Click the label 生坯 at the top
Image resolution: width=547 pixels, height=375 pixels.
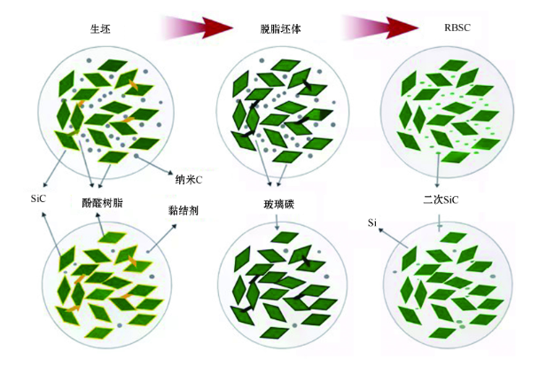[x=100, y=29]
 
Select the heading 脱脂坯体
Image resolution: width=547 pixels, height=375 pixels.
[x=280, y=29]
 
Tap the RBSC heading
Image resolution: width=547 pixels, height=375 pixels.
[x=457, y=27]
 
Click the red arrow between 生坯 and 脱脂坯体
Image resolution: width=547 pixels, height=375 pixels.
[x=197, y=27]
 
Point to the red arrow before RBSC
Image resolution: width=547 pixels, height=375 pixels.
[x=379, y=27]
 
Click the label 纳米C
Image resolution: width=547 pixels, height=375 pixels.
[x=188, y=180]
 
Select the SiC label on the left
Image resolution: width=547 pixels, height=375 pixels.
[x=38, y=199]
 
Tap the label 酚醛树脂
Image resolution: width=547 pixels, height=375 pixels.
[x=102, y=203]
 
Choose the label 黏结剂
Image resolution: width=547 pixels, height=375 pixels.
[x=184, y=210]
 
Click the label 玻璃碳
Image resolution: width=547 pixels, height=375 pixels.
[x=278, y=204]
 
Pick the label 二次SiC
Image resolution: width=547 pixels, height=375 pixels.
[x=441, y=199]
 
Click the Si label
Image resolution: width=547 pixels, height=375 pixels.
[x=372, y=223]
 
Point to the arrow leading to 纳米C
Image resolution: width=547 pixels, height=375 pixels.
[x=152, y=164]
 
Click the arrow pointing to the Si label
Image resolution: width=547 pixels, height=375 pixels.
[x=393, y=238]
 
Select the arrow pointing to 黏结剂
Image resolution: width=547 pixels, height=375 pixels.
[x=162, y=238]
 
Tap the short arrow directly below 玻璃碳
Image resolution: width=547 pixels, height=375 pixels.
[x=277, y=222]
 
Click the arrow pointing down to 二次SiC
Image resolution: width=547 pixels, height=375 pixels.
[x=437, y=170]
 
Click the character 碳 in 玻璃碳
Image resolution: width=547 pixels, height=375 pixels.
[x=289, y=204]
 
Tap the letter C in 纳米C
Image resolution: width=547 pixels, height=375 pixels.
[x=199, y=180]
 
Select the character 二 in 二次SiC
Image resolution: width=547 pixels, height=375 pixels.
[x=427, y=199]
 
